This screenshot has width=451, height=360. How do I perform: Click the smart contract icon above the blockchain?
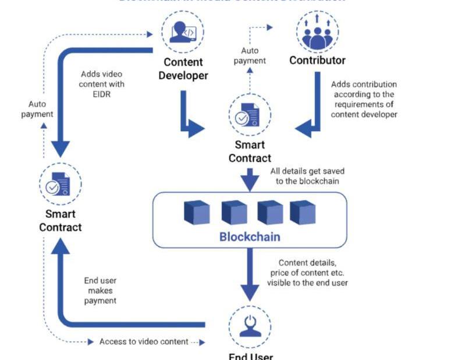[250, 114]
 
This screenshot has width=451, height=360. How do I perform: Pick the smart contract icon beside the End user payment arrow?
[60, 184]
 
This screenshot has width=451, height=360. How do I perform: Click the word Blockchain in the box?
[250, 237]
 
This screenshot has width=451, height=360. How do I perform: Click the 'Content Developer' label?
[183, 69]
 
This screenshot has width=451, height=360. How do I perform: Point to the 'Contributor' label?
[317, 61]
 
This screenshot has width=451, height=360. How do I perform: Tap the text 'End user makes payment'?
[100, 291]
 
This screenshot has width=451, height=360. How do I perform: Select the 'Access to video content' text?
[144, 342]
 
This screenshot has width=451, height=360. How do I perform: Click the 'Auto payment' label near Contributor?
[250, 55]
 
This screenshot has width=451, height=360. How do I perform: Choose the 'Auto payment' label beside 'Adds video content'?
[37, 109]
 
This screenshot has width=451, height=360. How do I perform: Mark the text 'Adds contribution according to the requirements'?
[364, 100]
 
